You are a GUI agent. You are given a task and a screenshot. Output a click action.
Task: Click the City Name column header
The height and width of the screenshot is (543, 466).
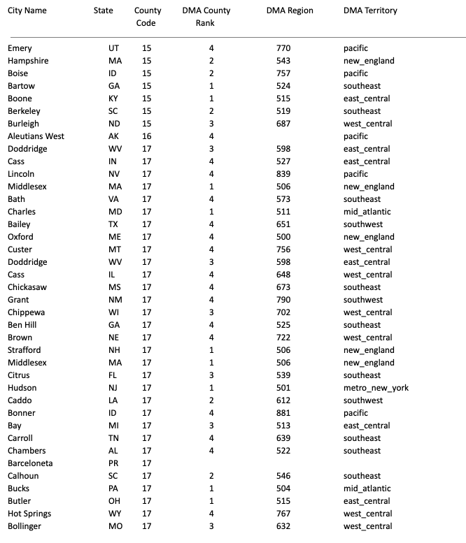tap(31, 10)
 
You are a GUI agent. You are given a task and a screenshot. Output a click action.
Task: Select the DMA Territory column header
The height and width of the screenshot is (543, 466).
tap(370, 10)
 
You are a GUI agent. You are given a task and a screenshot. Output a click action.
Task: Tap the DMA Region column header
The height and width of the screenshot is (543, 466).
tap(290, 10)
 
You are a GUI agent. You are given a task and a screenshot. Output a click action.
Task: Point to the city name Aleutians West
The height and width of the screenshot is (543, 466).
tap(36, 136)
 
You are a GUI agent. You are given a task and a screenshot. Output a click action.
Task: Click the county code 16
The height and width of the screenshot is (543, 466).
tap(146, 136)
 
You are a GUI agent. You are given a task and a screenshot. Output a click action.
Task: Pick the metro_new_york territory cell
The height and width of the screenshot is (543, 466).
tap(376, 388)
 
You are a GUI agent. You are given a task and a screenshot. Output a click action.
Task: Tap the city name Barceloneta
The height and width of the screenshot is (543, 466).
tap(30, 463)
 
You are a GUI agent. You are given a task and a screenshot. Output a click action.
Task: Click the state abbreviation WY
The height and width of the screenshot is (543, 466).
tap(114, 514)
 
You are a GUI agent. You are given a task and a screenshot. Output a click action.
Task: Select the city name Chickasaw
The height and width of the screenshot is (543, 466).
tap(27, 287)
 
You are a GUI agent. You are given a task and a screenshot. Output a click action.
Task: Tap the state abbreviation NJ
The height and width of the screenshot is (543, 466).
tap(113, 388)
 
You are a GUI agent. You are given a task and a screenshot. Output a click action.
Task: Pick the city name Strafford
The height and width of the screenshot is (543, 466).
tap(24, 350)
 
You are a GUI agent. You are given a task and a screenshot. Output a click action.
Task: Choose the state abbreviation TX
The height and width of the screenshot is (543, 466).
tap(113, 224)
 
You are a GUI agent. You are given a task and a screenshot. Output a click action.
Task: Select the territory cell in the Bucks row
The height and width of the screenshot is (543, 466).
tap(367, 488)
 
